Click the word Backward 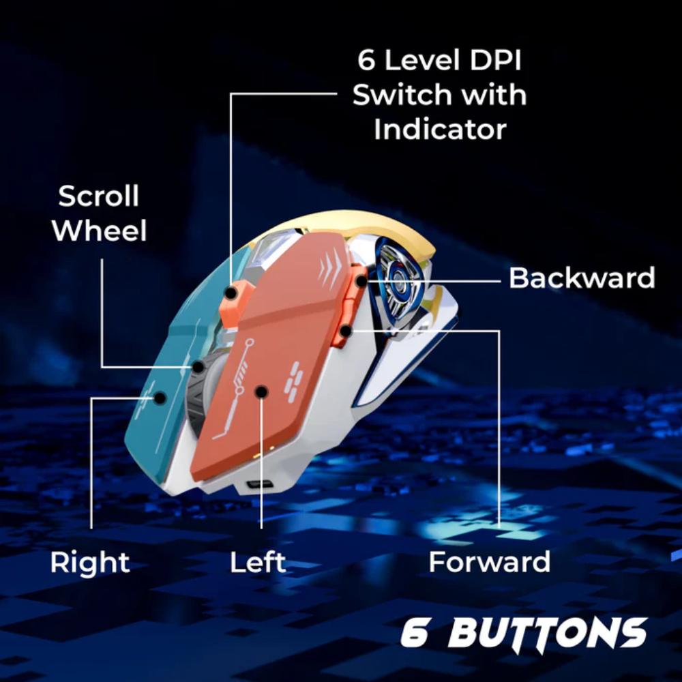[582, 278]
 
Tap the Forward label [489, 561]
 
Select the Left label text [258, 561]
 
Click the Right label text [90, 563]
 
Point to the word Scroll [99, 196]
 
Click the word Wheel [99, 231]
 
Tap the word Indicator [440, 129]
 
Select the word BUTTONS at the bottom [547, 633]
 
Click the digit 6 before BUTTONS [415, 633]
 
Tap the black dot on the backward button [361, 281]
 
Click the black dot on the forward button [345, 331]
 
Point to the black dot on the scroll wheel [198, 367]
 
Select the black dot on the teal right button [160, 398]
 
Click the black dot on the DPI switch [231, 294]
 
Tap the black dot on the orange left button [261, 392]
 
